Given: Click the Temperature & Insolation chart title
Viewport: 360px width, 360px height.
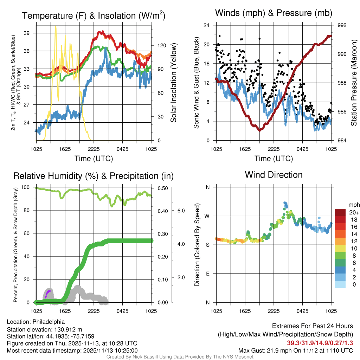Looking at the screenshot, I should pyautogui.click(x=94, y=15).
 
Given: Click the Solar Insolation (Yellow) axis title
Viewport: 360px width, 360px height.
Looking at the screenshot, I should pyautogui.click(x=173, y=83).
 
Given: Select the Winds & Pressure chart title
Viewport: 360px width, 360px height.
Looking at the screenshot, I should pyautogui.click(x=274, y=13).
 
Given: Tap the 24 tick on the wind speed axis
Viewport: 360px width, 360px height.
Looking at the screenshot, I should pyautogui.click(x=207, y=25).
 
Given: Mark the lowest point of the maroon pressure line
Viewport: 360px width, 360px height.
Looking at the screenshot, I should pyautogui.click(x=260, y=130).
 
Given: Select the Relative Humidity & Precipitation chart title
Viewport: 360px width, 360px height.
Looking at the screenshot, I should pyautogui.click(x=94, y=176).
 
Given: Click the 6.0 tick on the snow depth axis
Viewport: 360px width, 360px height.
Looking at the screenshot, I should pyautogui.click(x=181, y=211).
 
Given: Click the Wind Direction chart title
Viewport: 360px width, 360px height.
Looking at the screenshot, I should pyautogui.click(x=274, y=174).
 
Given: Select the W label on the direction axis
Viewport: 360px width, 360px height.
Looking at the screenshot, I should pyautogui.click(x=207, y=216).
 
